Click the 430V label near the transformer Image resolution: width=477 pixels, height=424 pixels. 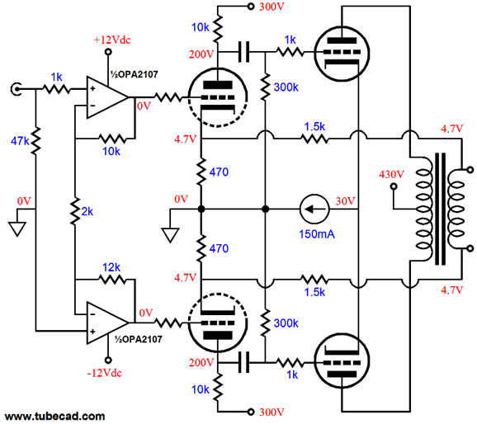[390, 173]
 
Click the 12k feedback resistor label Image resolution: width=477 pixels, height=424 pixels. [111, 267]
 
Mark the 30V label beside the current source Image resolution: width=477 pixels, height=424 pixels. [345, 200]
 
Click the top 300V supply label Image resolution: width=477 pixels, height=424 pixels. [268, 8]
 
